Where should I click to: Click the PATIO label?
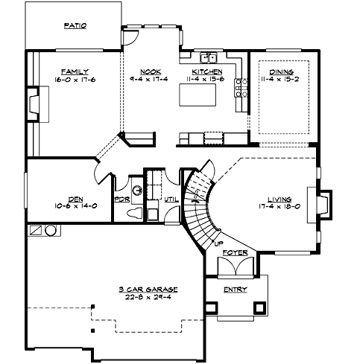point(75,25)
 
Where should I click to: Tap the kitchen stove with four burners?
point(241,88)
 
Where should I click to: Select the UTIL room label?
point(171,200)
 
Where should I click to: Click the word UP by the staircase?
point(218,243)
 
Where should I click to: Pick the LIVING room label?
point(280,199)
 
